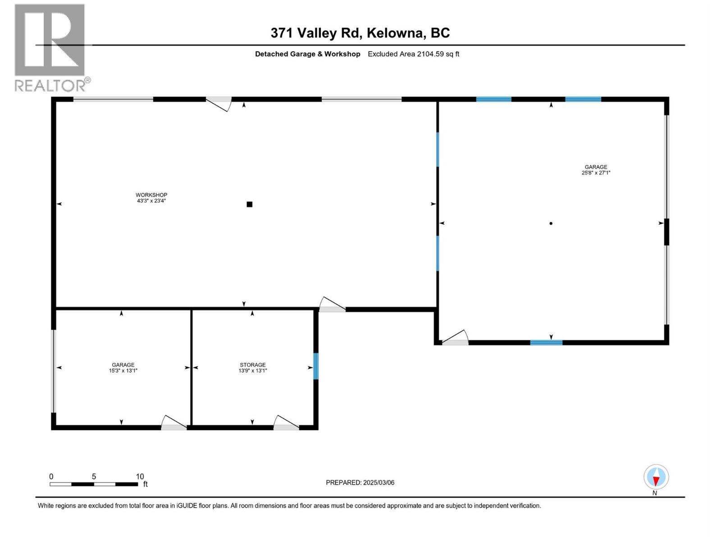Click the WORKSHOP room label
pos(151,195)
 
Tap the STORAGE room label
pos(252,365)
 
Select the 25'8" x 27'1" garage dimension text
pos(596,173)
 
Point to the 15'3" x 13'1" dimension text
pos(123,371)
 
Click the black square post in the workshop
pos(249,204)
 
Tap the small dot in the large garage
pos(551,223)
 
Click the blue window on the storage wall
pos(315,366)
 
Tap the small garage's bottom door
pos(174,423)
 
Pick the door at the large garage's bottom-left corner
pos(455,338)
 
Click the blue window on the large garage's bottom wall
pos(546,343)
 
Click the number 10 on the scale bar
pos(140,477)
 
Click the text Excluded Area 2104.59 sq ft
pos(413,54)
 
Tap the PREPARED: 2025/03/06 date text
pos(360,482)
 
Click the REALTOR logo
pos(50,47)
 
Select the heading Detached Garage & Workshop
pos(307,54)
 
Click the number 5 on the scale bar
pos(94,477)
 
